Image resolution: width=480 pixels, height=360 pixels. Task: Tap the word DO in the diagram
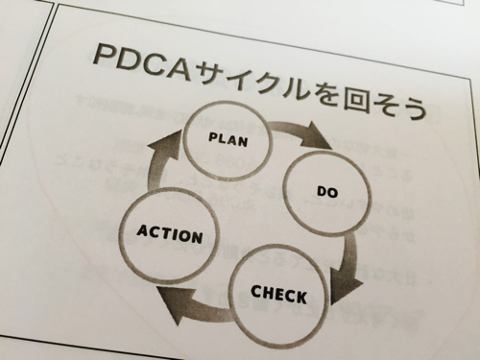click(x=328, y=191)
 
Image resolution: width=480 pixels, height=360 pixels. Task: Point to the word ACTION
click(x=169, y=233)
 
